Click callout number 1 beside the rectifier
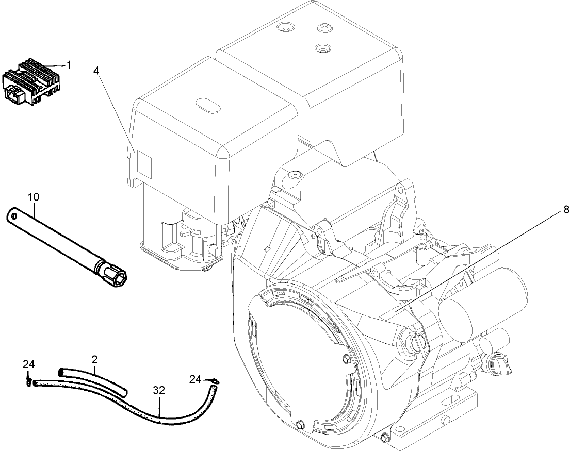[x=69, y=65]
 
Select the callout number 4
[x=96, y=71]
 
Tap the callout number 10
[x=34, y=197]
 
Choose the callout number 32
[x=159, y=391]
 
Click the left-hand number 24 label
[x=28, y=364]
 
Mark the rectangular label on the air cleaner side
[x=144, y=165]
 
